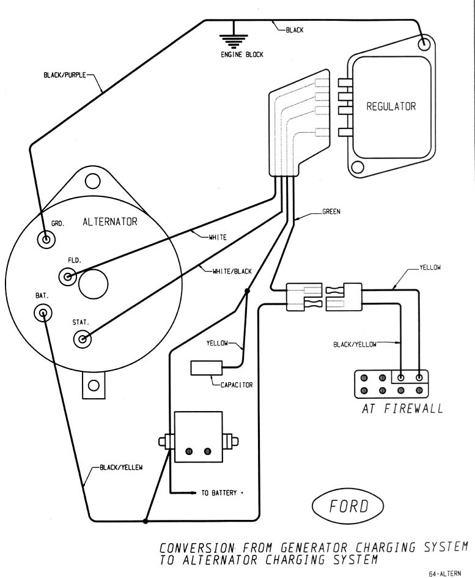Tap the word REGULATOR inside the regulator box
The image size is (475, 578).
point(391,106)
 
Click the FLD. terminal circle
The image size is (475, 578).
point(68,277)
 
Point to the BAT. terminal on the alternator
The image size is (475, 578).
point(43,314)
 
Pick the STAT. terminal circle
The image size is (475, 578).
point(81,338)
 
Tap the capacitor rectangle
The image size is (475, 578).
point(205,368)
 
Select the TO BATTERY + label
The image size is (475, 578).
point(218,491)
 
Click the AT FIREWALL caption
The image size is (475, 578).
point(402,409)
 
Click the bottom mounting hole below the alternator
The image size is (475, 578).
point(93,385)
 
